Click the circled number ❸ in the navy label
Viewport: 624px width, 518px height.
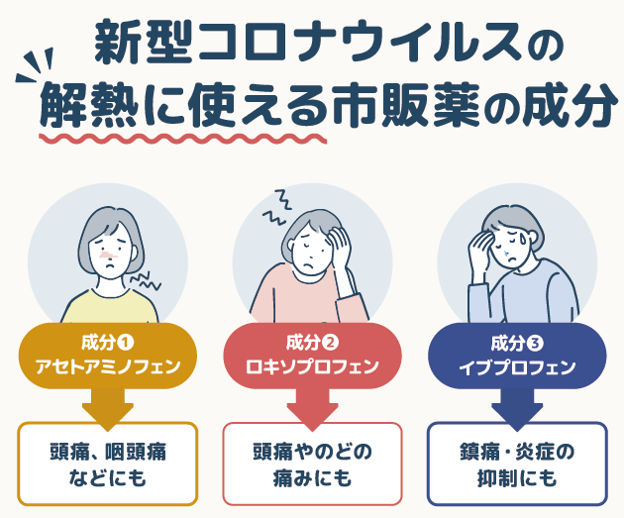tap(536, 344)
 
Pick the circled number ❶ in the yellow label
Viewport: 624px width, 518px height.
tap(126, 344)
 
